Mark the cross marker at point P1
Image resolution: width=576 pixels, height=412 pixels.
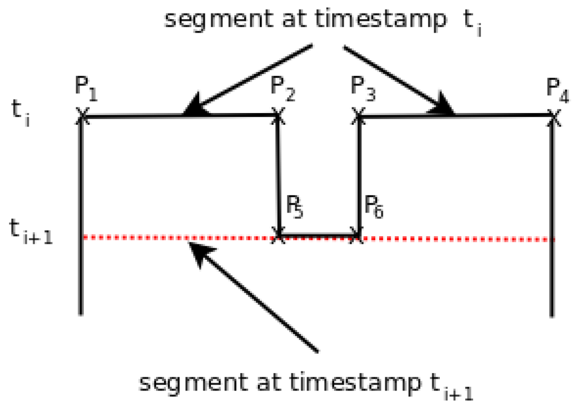(82, 116)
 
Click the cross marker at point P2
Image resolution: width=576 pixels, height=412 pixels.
(277, 115)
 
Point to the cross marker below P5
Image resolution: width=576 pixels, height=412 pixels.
(277, 234)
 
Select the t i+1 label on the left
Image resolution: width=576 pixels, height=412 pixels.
(31, 231)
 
